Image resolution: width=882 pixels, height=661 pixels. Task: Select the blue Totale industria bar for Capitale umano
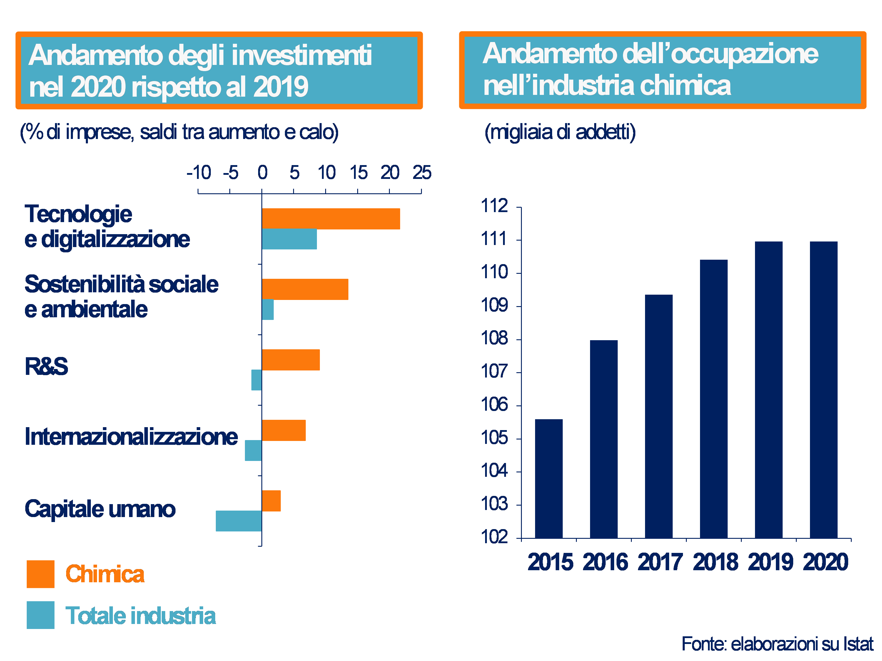(x=238, y=521)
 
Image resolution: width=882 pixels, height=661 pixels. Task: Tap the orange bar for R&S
(x=291, y=360)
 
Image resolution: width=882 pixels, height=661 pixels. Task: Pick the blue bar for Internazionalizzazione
(x=253, y=450)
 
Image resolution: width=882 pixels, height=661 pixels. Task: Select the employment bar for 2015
(x=549, y=478)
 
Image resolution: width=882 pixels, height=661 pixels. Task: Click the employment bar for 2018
(x=714, y=398)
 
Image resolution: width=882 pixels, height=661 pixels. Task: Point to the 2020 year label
(x=825, y=562)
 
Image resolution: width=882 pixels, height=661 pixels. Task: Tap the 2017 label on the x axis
(x=660, y=562)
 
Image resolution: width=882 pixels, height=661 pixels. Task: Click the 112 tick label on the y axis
(x=495, y=206)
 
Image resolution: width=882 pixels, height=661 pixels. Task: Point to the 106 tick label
(x=495, y=405)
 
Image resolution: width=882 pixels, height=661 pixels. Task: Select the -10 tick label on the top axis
(x=198, y=172)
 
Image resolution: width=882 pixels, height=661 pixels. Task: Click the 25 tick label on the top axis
(x=422, y=172)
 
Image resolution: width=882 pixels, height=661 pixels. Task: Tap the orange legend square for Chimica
(x=40, y=574)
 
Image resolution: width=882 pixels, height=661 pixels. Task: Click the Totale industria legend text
(x=140, y=615)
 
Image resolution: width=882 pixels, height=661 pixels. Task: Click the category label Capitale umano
(x=100, y=509)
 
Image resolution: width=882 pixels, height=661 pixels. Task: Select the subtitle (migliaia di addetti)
(x=560, y=132)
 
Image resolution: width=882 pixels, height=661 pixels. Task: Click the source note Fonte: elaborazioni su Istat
(x=777, y=644)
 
